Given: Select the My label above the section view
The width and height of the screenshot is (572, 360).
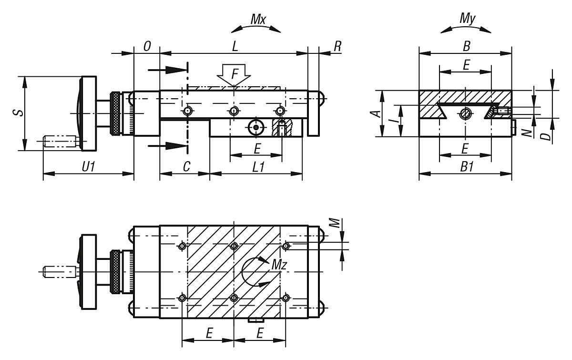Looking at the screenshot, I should [x=466, y=20].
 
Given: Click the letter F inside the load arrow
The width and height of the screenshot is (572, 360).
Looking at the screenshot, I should [x=234, y=74].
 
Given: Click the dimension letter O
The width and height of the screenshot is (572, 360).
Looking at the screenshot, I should [x=147, y=46].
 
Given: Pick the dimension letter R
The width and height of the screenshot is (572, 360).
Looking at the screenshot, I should [x=338, y=46].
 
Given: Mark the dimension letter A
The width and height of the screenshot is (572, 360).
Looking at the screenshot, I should [x=376, y=113].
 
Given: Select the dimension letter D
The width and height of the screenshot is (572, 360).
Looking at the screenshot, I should [x=547, y=136].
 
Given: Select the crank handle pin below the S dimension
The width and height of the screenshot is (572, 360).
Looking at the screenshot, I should [x=60, y=142].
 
